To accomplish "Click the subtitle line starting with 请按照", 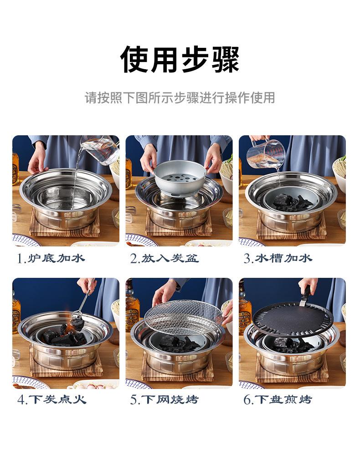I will click(x=180, y=97).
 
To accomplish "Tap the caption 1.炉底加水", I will click(x=51, y=259).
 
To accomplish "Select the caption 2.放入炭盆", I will click(x=165, y=259).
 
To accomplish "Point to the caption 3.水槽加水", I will click(x=278, y=259).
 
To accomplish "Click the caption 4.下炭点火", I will click(x=51, y=400).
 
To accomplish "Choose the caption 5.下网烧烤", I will click(x=165, y=400).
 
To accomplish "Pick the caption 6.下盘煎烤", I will click(x=278, y=400).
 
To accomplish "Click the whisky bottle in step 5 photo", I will click(x=132, y=310).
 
